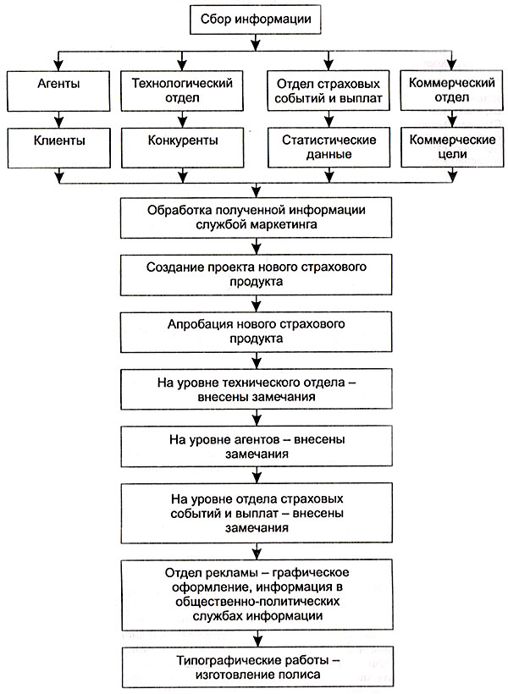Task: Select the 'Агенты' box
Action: [x=58, y=91]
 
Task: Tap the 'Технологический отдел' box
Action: [x=182, y=91]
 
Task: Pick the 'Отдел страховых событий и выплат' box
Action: [x=329, y=91]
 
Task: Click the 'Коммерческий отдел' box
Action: [x=452, y=91]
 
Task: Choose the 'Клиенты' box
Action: [x=58, y=148]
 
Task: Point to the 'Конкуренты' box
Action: [x=182, y=148]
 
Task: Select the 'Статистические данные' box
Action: [x=329, y=148]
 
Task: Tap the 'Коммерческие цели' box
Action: [x=452, y=148]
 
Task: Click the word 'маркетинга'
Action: [x=284, y=224]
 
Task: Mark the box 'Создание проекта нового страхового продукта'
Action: [x=256, y=274]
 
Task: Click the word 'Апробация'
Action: [x=196, y=324]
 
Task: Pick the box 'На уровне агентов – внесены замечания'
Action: [x=257, y=446]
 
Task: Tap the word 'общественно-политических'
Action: [x=257, y=602]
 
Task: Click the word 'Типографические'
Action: [x=222, y=660]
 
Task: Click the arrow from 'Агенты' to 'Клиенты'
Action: [x=58, y=119]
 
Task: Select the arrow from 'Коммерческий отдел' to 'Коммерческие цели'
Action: [x=452, y=119]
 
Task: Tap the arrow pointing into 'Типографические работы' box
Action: [x=257, y=639]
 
